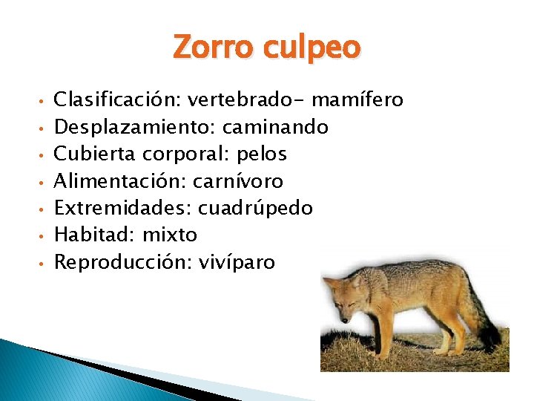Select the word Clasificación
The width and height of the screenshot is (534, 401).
[x=118, y=99]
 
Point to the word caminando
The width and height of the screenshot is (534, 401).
[x=281, y=127]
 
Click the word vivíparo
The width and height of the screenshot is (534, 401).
[x=237, y=262]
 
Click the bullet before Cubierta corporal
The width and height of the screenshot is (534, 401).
[x=44, y=155]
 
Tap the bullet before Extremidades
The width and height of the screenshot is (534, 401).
[x=44, y=209]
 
